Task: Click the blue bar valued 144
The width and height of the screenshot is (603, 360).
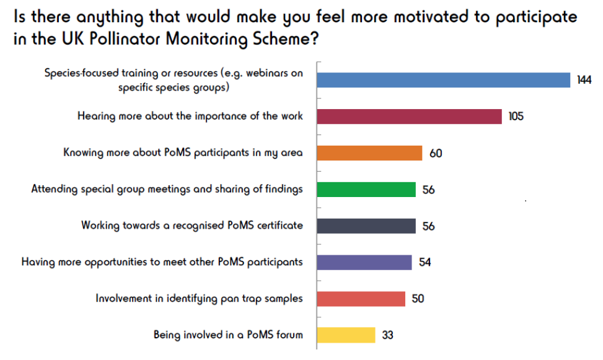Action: coord(443,80)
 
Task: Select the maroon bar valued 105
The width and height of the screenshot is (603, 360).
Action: coord(409,116)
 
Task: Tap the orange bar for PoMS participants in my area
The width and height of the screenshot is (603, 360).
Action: coord(369,152)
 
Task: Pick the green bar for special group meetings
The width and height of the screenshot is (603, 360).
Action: coord(366,189)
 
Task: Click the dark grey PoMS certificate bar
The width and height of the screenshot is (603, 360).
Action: coord(366,226)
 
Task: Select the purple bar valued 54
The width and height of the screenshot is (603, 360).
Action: coord(364,262)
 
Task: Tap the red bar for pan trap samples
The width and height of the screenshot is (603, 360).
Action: coord(361,299)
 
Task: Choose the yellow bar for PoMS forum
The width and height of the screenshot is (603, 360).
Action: coord(346,335)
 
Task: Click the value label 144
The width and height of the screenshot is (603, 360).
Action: coord(584,81)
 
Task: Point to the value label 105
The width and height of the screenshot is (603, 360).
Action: coord(516,116)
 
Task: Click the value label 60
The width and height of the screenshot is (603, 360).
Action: coord(436,153)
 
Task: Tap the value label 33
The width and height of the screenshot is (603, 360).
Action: coord(387,335)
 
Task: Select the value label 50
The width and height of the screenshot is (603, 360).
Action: coord(418,299)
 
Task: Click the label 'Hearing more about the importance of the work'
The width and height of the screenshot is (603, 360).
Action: coord(190,116)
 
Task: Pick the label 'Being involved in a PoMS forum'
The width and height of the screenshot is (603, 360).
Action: coord(228,335)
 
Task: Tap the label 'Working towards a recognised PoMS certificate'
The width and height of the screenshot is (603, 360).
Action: coord(192,226)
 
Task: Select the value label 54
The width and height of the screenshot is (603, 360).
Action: coord(425,262)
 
